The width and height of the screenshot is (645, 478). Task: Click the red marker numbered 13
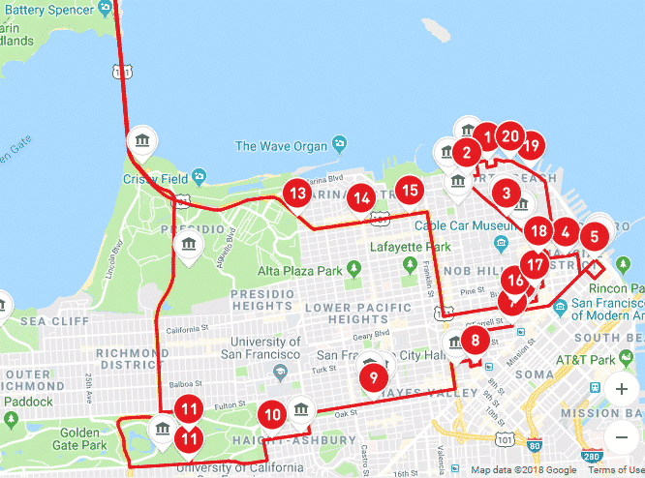click(297, 193)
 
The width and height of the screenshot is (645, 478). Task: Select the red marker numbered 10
click(273, 415)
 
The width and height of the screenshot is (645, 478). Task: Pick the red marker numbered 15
click(410, 192)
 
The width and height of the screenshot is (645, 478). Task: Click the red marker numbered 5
click(595, 234)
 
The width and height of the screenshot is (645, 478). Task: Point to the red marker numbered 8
click(475, 341)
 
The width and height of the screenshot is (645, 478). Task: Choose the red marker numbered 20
click(511, 136)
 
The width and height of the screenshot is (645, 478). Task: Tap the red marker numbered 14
click(362, 198)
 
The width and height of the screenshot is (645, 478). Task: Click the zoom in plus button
click(621, 390)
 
